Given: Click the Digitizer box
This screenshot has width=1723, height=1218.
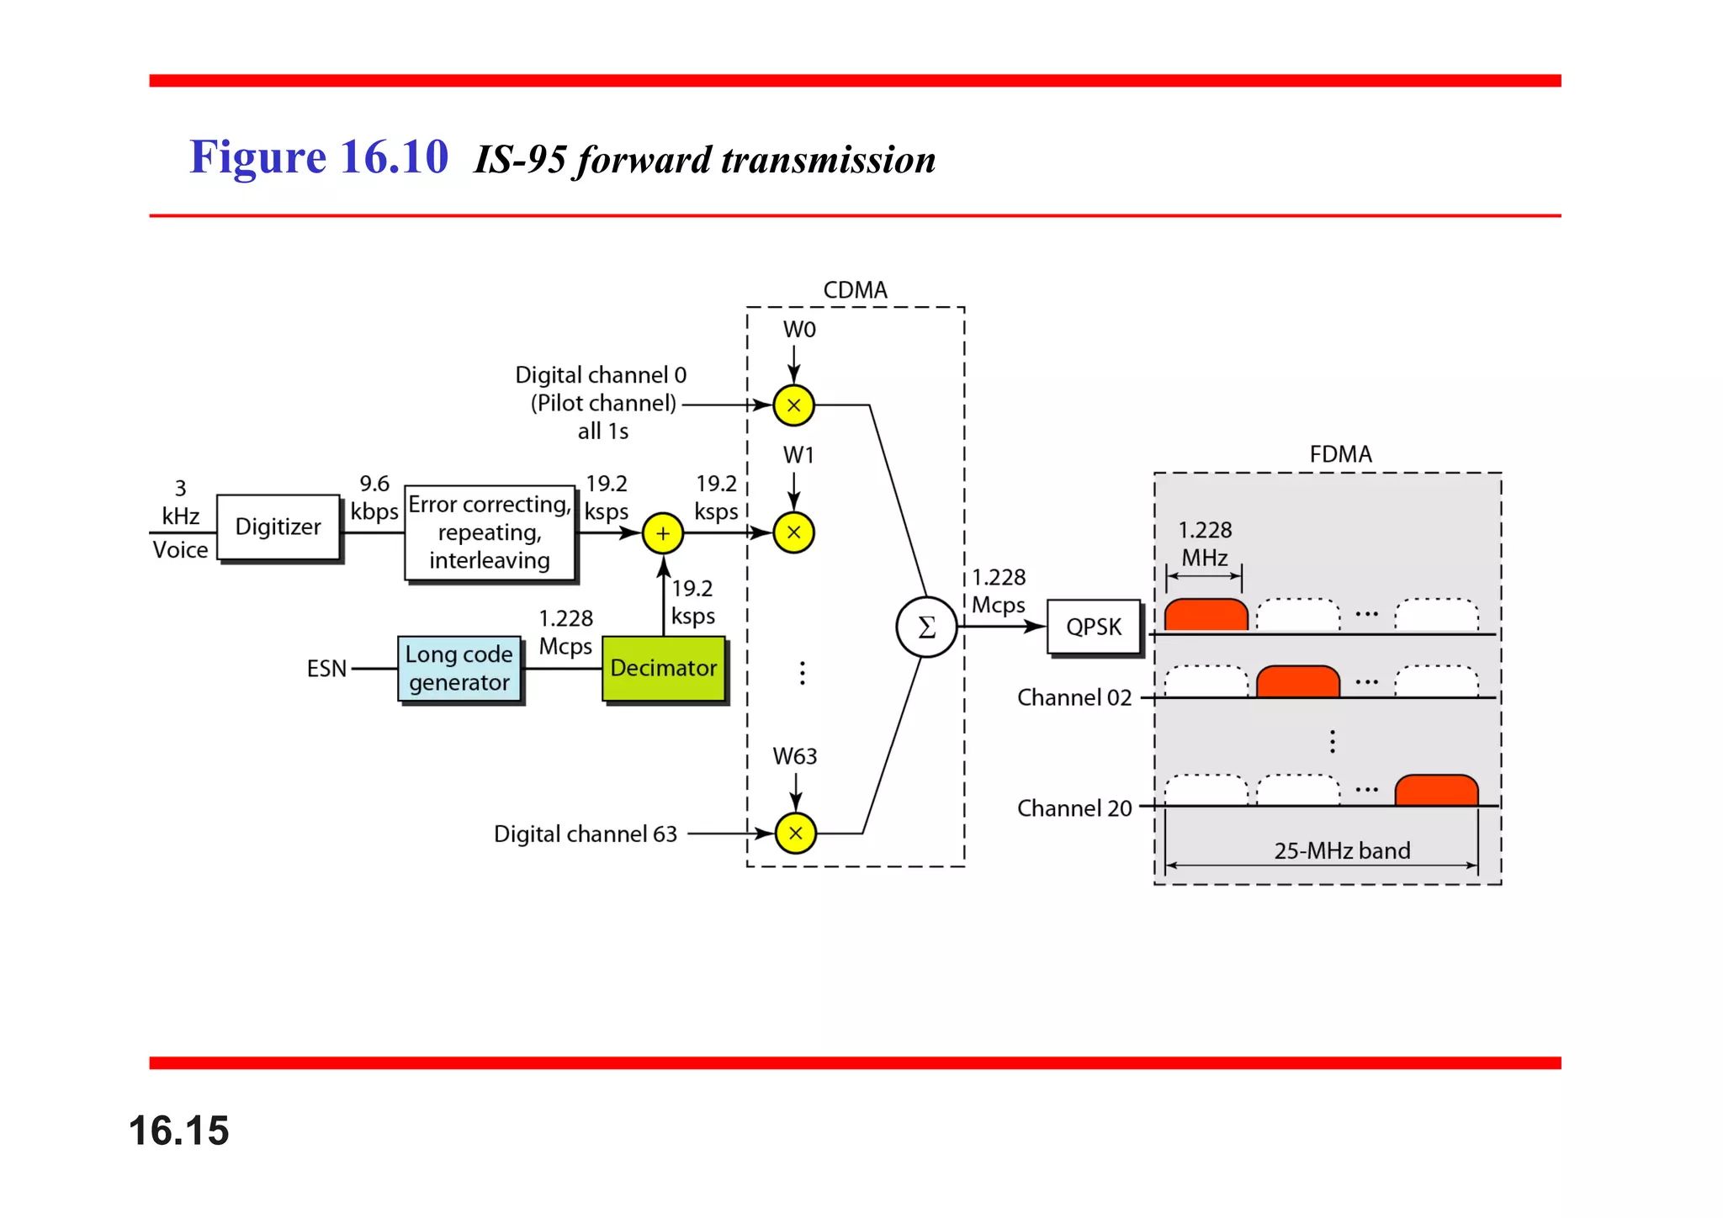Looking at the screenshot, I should (x=278, y=527).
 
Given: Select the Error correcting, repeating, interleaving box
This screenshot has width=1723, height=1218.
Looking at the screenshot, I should (x=490, y=532).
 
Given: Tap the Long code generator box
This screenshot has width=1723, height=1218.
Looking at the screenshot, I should (x=459, y=668).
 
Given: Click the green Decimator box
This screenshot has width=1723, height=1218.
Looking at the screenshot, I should (x=663, y=668).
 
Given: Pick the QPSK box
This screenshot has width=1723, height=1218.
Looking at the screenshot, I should (x=1093, y=627).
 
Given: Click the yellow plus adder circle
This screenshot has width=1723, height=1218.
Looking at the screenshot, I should (x=663, y=533).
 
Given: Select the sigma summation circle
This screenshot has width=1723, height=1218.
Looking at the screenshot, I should (x=926, y=627).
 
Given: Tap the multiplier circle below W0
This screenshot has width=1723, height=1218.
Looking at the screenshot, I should (x=793, y=405).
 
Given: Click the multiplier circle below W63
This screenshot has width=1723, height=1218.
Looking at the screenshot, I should (x=795, y=834).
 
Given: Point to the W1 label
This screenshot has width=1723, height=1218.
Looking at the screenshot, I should (x=798, y=455).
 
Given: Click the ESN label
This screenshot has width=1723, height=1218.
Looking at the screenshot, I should (x=326, y=669).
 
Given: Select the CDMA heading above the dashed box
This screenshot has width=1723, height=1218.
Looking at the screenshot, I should (x=855, y=290).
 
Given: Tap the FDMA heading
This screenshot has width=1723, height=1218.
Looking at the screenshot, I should (x=1340, y=454).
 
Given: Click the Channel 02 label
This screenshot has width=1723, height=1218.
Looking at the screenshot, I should (x=1074, y=697).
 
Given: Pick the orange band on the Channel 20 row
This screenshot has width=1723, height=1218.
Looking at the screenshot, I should (x=1436, y=791).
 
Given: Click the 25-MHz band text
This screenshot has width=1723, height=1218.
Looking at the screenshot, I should (x=1342, y=850).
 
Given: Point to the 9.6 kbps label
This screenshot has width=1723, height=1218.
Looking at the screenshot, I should (x=374, y=498).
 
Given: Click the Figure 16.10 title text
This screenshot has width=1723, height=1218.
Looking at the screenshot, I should (x=319, y=157).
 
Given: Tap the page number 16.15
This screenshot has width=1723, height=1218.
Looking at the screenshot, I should (x=178, y=1130).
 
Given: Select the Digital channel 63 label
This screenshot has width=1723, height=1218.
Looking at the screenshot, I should (x=586, y=834).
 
